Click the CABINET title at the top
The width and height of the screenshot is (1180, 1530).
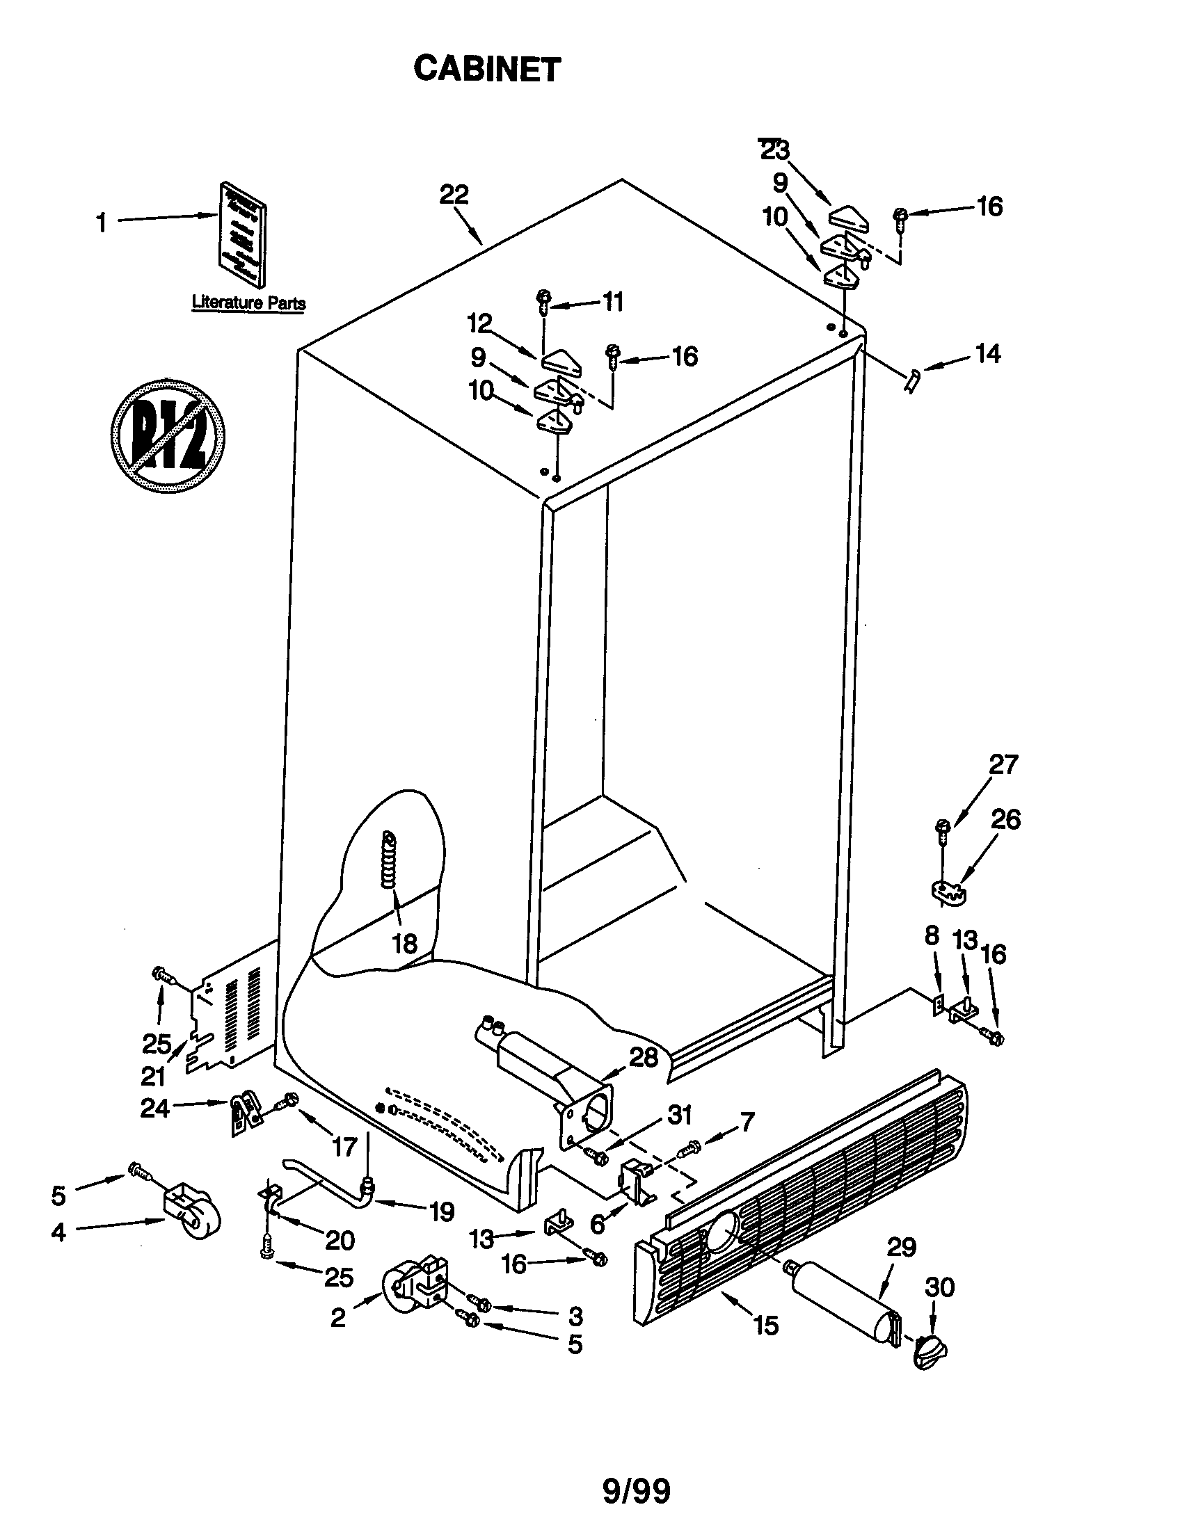coord(487,69)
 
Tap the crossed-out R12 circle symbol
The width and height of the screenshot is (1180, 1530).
coord(168,436)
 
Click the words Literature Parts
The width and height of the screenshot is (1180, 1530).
coord(249,303)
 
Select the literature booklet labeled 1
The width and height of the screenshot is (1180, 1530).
coord(242,234)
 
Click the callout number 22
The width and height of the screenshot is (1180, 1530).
coord(454,194)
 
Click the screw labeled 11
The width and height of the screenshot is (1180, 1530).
coord(544,301)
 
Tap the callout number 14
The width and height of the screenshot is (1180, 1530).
coord(987,354)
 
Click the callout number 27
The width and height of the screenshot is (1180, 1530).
coord(1003,764)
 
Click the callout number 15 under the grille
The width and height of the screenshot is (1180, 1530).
coord(766,1326)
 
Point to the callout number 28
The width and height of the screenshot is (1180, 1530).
coord(644,1058)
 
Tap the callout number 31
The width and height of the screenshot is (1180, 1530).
coord(679,1114)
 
